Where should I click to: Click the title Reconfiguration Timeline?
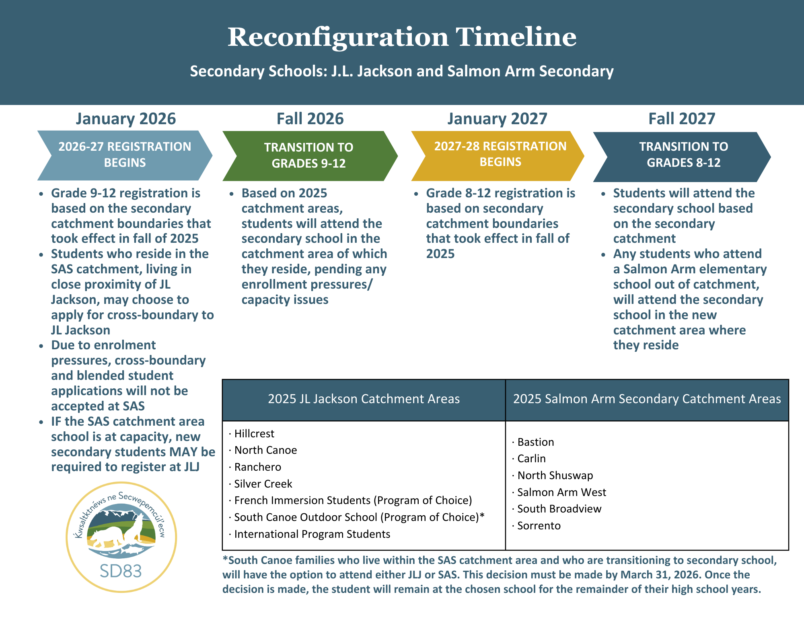click(x=402, y=37)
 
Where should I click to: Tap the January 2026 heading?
click(x=126, y=119)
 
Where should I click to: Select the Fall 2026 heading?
click(x=310, y=119)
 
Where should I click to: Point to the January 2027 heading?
click(x=497, y=119)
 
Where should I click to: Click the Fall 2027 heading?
click(x=682, y=119)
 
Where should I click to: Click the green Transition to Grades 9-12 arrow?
click(x=309, y=156)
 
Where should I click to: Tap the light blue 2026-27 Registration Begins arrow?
click(x=125, y=155)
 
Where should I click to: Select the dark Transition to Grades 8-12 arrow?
click(x=683, y=155)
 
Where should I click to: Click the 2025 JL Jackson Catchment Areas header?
click(x=364, y=399)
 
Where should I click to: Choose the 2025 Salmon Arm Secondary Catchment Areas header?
click(x=647, y=399)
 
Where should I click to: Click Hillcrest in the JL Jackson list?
click(x=254, y=434)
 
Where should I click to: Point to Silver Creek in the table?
click(x=263, y=484)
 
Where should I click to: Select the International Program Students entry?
click(x=312, y=534)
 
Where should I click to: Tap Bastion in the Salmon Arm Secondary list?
click(x=536, y=442)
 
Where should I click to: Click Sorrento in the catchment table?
click(x=539, y=526)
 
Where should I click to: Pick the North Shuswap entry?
click(x=555, y=475)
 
